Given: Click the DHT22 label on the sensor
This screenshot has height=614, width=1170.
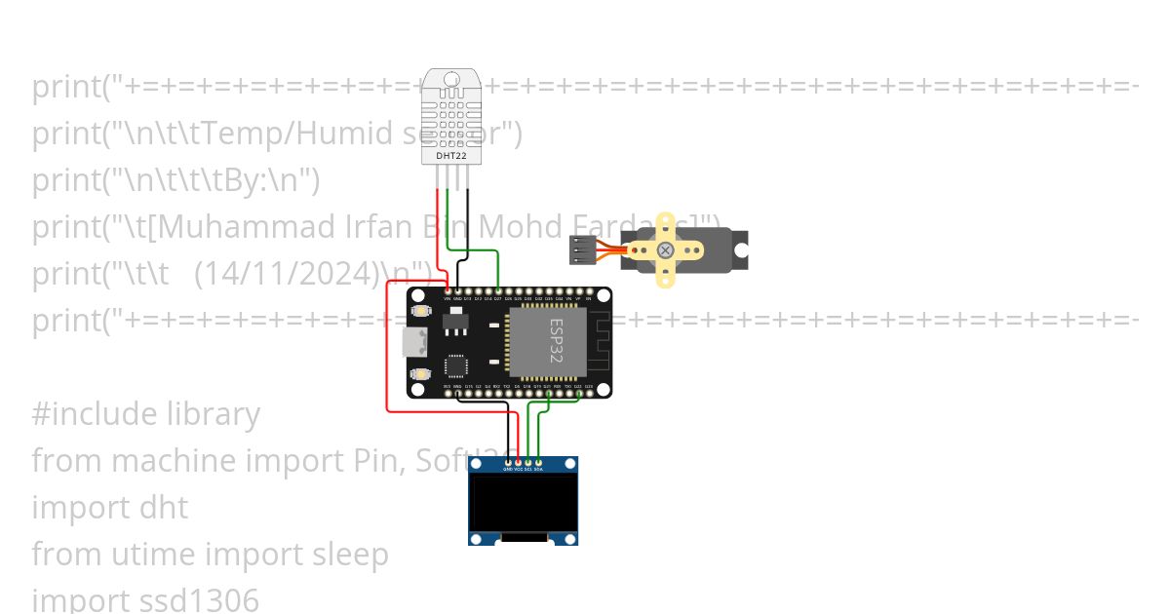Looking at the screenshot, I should (x=449, y=155).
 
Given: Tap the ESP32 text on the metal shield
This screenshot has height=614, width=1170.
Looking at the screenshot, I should (x=556, y=341).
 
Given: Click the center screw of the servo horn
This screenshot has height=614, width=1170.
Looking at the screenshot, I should (x=665, y=250).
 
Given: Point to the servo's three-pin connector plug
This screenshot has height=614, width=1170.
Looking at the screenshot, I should (x=582, y=250).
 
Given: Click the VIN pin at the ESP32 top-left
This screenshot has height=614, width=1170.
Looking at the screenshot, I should (x=448, y=290).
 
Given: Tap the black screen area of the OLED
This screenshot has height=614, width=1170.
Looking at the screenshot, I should (x=523, y=501).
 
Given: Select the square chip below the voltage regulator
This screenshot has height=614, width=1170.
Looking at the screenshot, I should (x=456, y=365).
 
